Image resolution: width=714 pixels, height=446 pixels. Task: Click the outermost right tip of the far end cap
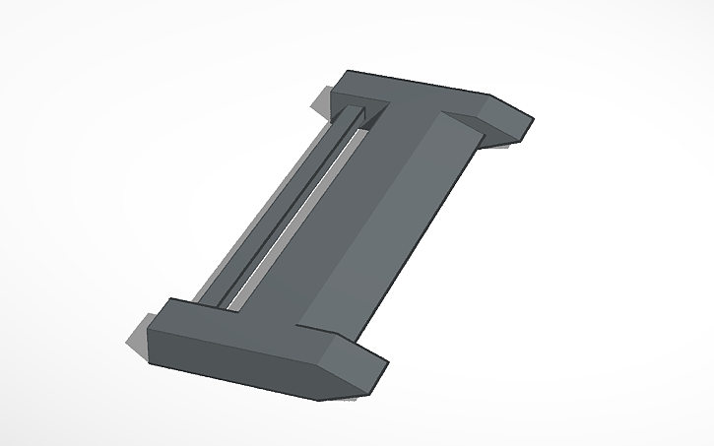(x=533, y=120)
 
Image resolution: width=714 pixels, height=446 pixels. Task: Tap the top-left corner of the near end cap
(x=171, y=298)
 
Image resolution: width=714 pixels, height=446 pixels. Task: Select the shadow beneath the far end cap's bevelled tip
(x=507, y=146)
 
